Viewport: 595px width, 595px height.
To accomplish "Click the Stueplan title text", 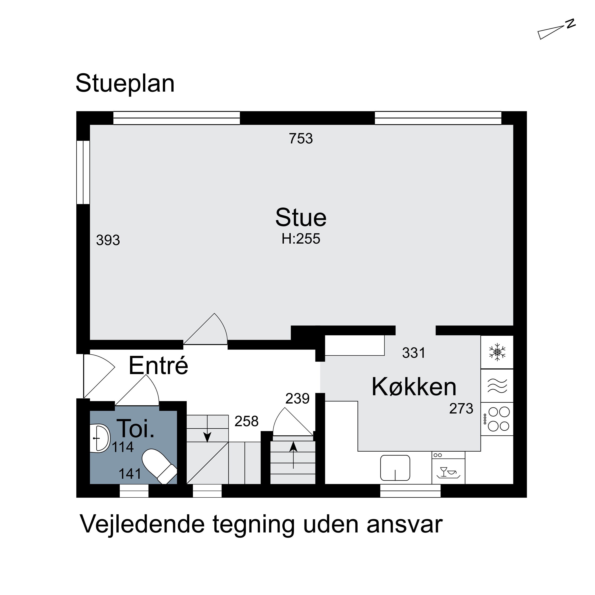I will (125, 83).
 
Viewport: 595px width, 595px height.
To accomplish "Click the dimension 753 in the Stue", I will (301, 139).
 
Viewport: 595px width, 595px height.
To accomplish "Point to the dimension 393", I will (108, 240).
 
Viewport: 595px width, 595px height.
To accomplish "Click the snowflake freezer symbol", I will (497, 352).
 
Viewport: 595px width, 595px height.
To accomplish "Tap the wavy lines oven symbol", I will (497, 386).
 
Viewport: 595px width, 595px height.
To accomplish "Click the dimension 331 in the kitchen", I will (413, 353).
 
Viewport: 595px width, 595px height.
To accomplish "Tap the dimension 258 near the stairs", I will (246, 421).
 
